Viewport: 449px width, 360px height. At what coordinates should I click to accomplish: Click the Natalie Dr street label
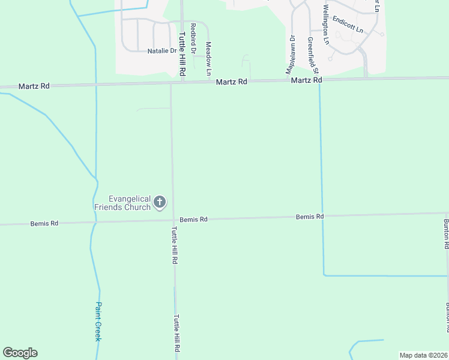pos(162,51)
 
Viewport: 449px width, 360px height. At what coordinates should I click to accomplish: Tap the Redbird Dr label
pos(193,38)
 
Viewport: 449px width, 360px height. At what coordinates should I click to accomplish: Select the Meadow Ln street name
pos(209,58)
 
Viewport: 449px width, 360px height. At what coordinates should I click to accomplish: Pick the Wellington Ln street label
pos(326,25)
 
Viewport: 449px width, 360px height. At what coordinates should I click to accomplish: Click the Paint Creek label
pos(98,322)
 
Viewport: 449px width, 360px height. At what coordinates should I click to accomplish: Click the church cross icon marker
pos(160,203)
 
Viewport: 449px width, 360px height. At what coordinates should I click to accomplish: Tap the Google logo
pos(20,353)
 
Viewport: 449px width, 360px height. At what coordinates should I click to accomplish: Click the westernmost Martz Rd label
pos(34,86)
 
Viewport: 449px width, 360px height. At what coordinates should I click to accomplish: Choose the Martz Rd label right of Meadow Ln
pos(232,82)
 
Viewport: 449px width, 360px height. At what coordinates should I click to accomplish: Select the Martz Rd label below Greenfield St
pos(307,80)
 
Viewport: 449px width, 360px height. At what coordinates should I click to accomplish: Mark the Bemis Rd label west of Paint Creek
pos(44,224)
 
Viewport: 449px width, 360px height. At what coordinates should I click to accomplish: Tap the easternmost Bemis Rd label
pos(310,216)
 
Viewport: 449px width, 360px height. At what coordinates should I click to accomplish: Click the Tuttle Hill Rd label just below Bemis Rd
pos(175,245)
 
